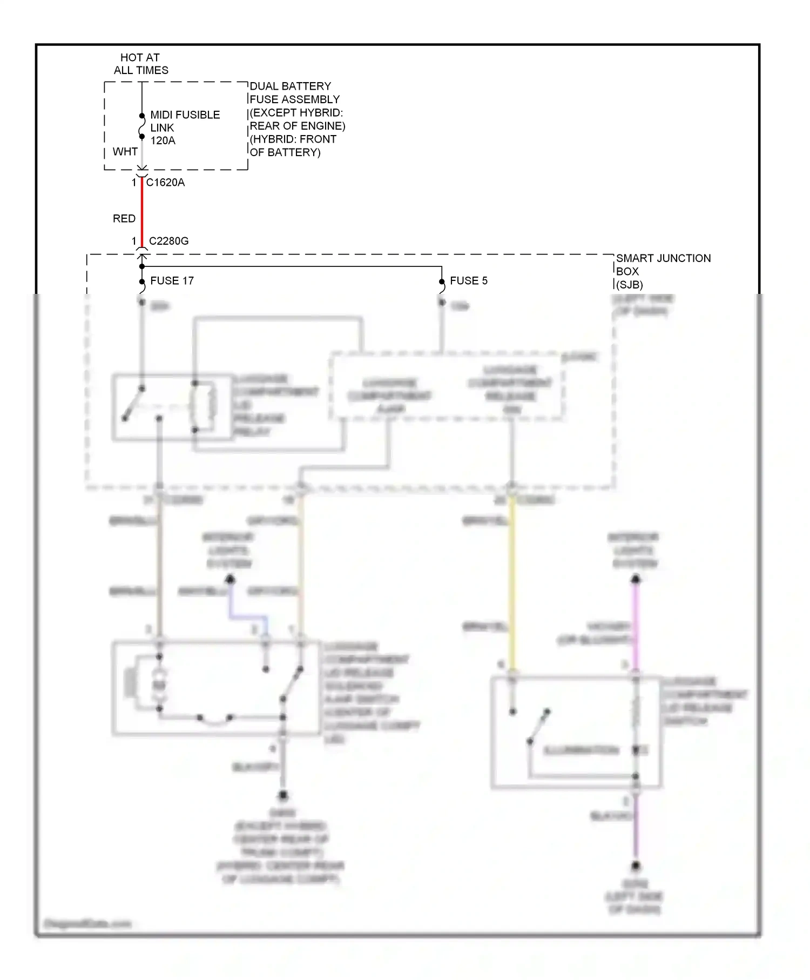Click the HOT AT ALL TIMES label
point(140,64)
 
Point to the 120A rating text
point(163,140)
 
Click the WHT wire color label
point(125,152)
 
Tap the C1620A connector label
point(165,183)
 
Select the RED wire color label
point(124,219)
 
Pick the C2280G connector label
point(168,241)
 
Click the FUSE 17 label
point(172,281)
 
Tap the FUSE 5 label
point(468,281)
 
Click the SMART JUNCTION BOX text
point(663,265)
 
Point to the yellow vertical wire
point(512,583)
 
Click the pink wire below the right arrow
point(636,621)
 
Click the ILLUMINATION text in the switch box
point(580,750)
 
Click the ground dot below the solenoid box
point(282,795)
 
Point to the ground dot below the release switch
point(636,866)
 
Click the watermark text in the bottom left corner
point(87,923)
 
